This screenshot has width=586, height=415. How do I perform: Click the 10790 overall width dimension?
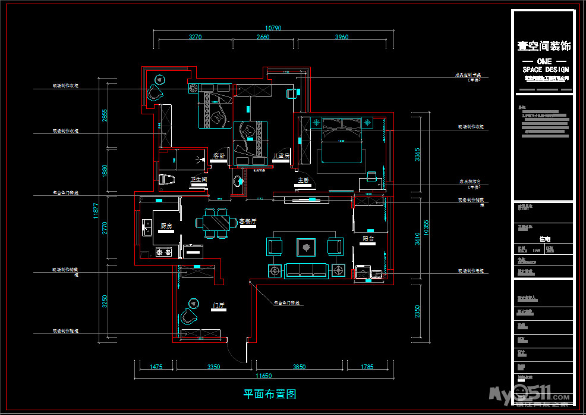tap(273, 27)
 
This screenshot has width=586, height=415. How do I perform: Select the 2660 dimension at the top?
tap(263, 37)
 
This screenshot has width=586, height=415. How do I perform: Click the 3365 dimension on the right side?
tap(417, 155)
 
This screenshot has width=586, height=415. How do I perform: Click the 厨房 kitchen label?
tap(166, 226)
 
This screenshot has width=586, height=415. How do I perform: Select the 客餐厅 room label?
tap(248, 221)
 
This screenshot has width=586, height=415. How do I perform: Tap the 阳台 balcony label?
tap(368, 238)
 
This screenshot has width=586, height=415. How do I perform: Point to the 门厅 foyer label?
tap(219, 305)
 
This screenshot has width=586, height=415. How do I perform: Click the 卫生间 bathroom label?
tap(199, 179)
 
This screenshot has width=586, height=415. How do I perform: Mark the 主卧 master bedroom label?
tap(303, 180)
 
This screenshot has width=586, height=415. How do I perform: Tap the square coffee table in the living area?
tap(307, 245)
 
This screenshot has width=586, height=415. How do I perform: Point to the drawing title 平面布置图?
tap(270, 394)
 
